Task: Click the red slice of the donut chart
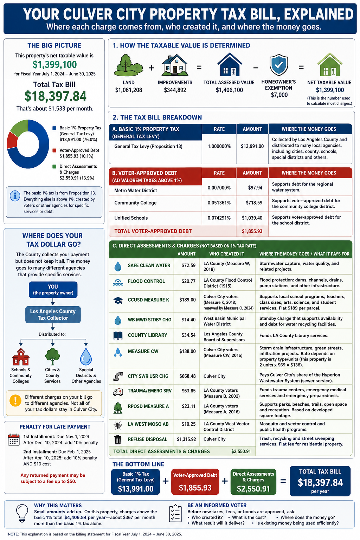11,140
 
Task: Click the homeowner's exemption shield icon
279,65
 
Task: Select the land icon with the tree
128,65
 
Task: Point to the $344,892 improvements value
175,90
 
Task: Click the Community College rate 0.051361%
219,203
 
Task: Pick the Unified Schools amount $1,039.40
252,218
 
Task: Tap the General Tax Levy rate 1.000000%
219,146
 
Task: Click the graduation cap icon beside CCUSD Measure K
118,300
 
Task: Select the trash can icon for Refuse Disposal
118,439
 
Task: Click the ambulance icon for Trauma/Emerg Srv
118,392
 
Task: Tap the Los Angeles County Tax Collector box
53,315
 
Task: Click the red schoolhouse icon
21,357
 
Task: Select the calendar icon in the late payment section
14,439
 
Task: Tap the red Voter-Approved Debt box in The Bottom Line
195,481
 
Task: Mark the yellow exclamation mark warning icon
15,401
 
